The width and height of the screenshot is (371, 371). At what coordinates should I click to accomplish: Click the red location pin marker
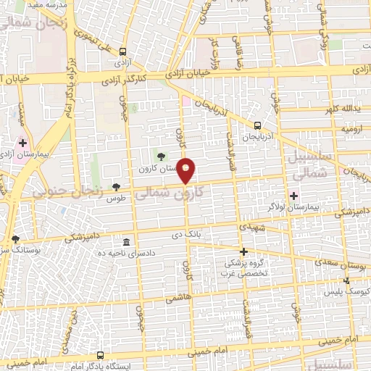coord(186,170)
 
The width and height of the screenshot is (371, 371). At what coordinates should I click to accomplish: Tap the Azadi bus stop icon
coord(122,52)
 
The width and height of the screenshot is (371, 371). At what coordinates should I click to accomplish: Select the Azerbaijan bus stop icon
coord(257,125)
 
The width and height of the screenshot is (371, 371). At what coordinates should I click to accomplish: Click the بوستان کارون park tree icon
coord(160,156)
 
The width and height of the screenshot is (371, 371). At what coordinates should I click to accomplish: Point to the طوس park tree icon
coord(116,187)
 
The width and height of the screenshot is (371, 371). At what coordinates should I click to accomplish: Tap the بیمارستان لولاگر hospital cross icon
coord(294,196)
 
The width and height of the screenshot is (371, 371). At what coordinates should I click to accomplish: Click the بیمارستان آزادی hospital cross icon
coord(22,142)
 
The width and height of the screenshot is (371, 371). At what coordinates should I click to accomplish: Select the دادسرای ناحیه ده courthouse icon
coord(127,242)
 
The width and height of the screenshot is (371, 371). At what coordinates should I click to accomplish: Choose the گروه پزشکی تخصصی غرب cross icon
coord(244,251)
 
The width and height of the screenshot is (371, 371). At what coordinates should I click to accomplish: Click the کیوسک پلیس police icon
coord(346,280)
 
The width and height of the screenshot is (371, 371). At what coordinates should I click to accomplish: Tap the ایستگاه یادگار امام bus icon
coord(99,356)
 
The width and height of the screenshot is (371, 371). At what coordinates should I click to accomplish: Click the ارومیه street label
coord(350,129)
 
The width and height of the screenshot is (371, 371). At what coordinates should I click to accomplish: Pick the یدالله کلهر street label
coord(341,109)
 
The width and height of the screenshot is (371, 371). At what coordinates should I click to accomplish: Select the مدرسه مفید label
coord(51,5)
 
